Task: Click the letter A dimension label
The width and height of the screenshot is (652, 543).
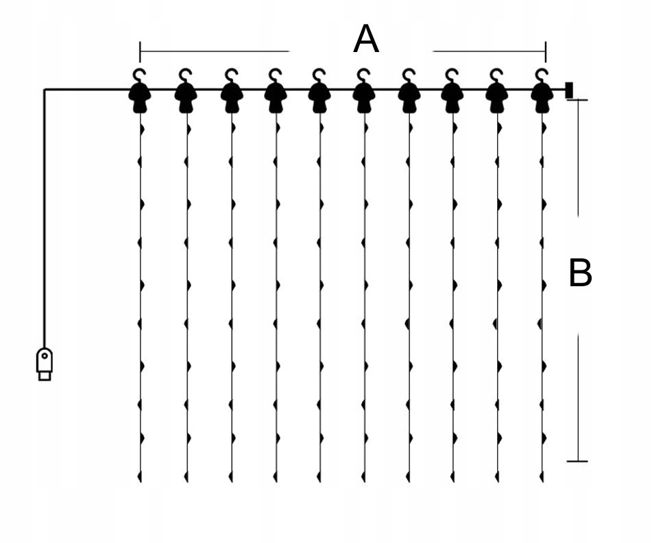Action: coord(365,40)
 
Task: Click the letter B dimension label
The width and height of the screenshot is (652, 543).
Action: coord(580,274)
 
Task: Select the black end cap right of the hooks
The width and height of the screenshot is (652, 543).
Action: coord(569,90)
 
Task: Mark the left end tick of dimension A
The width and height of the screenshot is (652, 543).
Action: coord(140,51)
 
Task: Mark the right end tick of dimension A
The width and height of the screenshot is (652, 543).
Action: coord(546,51)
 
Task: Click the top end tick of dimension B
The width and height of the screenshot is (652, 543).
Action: coord(577,100)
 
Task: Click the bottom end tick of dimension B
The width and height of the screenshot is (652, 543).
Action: coord(577,461)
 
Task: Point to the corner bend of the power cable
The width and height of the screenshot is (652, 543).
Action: coord(45,90)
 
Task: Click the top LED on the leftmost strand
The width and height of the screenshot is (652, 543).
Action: coord(142,128)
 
